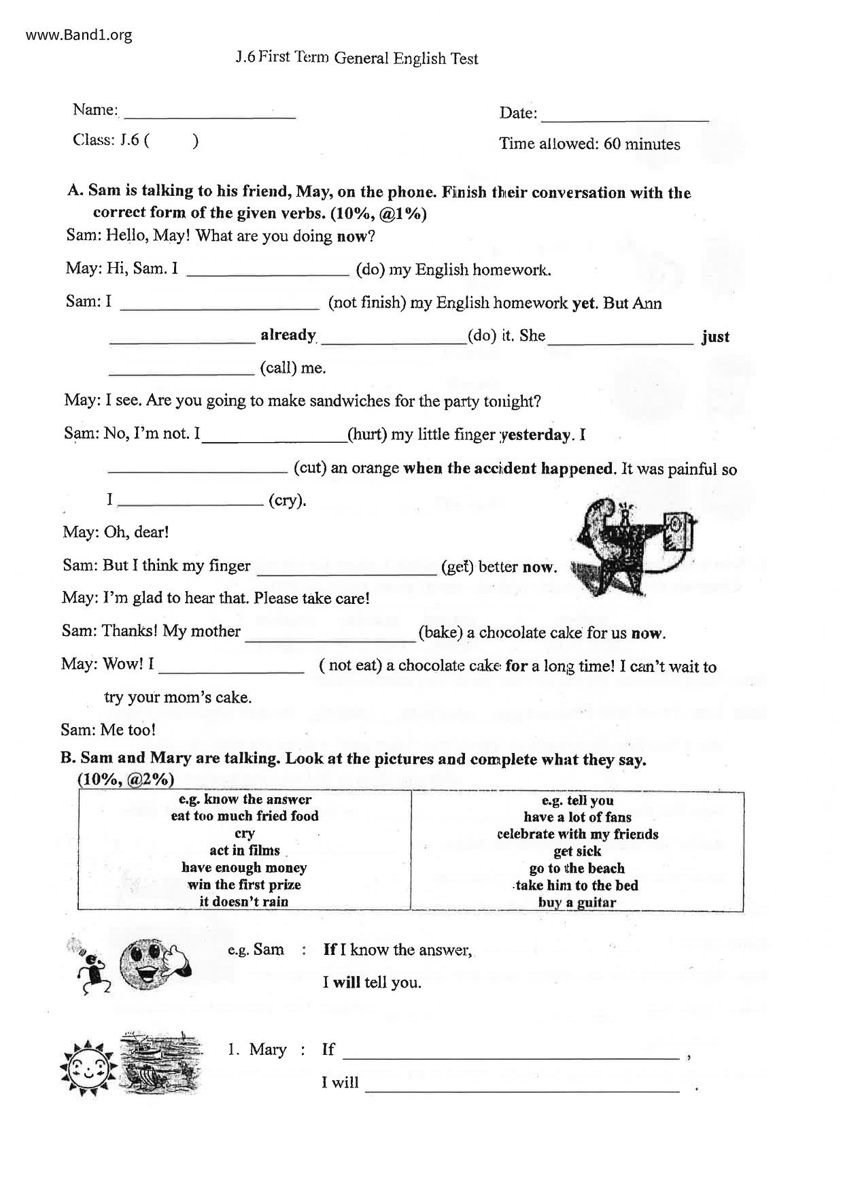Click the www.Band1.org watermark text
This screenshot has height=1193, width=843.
79,35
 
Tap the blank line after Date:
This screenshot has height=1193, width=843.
624,117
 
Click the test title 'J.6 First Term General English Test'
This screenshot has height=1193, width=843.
357,58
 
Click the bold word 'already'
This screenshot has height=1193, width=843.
288,335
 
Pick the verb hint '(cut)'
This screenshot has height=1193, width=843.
310,469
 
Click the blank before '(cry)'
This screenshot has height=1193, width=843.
191,503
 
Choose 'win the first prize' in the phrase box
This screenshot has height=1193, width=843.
244,885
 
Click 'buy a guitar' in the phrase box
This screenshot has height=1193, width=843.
577,903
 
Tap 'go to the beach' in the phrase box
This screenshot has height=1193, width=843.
577,869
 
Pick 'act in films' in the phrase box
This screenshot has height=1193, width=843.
245,851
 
